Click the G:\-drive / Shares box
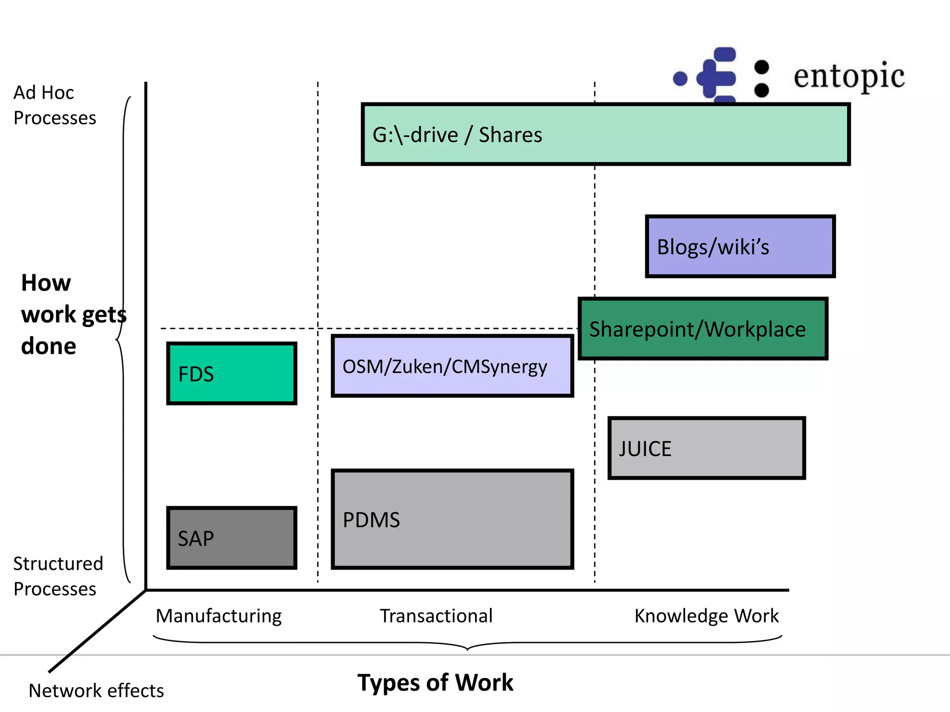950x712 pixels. [605, 134]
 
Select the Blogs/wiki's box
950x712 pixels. [740, 247]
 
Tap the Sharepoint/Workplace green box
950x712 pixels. [703, 329]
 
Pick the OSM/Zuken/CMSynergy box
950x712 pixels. [452, 366]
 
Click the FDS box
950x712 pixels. [231, 374]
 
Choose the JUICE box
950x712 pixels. [706, 448]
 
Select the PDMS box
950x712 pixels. [452, 519]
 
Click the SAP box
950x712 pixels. [231, 538]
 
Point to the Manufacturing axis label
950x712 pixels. [218, 616]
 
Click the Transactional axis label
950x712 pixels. [436, 616]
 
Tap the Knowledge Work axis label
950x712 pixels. [706, 616]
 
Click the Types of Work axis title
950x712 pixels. [435, 682]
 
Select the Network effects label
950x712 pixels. [96, 691]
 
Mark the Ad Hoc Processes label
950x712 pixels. [54, 105]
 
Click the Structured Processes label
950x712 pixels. [58, 576]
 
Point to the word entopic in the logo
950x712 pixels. [848, 76]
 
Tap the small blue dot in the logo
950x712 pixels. [680, 79]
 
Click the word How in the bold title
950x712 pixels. [46, 283]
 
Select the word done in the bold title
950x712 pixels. [48, 346]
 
